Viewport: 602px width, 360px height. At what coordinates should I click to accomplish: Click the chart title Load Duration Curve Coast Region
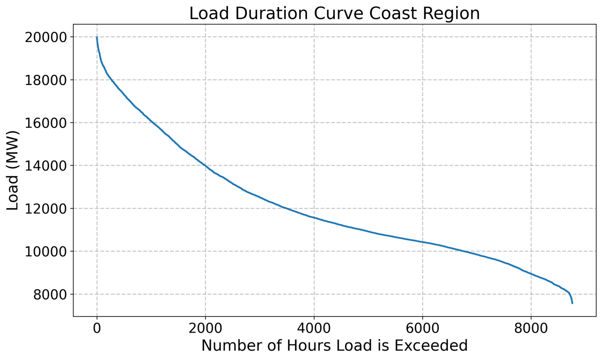point(334,13)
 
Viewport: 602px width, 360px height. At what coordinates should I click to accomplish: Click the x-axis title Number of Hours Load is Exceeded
point(334,346)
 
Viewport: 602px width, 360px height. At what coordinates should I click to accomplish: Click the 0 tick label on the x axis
point(97,328)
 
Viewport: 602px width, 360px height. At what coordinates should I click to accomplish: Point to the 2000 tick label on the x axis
point(205,328)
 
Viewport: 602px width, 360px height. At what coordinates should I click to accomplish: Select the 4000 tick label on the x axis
point(314,328)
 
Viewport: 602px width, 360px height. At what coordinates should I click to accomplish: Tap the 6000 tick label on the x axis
point(422,328)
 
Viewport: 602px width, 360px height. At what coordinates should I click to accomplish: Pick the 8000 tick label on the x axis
point(531,328)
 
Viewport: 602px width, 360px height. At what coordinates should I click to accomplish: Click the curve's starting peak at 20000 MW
point(97,38)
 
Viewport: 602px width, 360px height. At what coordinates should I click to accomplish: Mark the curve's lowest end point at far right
point(572,303)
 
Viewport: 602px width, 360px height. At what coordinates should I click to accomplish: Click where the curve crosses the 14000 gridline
point(205,166)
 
